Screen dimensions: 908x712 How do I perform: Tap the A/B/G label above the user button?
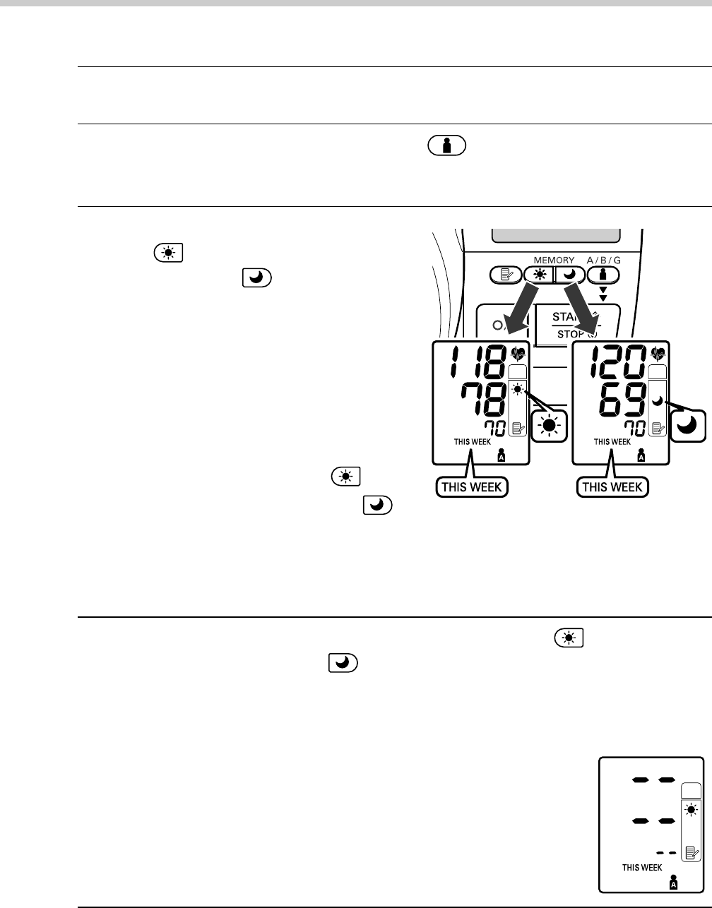point(600,261)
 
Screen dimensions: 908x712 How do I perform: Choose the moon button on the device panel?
point(569,275)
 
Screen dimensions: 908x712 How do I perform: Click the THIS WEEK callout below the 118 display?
point(473,486)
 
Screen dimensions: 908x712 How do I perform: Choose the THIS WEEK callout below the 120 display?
point(611,486)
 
